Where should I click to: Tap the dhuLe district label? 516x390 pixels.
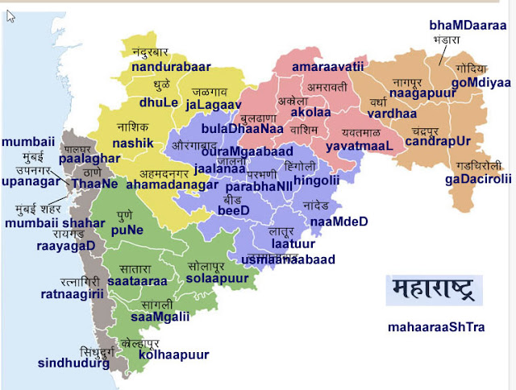click(x=158, y=102)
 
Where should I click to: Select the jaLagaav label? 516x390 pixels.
click(x=213, y=104)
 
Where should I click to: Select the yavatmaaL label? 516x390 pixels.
click(x=358, y=146)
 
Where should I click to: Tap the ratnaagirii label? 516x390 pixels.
click(x=73, y=294)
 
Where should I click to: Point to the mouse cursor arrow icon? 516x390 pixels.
click(x=10, y=16)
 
